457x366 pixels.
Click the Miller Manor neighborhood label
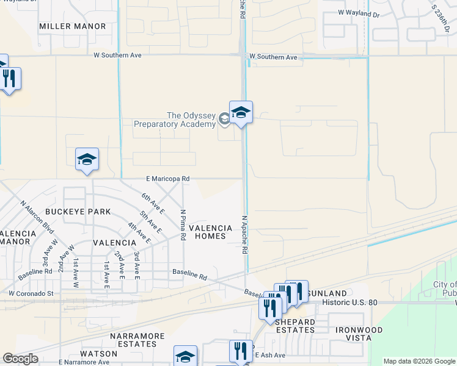pyautogui.click(x=72, y=26)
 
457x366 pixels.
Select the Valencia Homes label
pyautogui.click(x=210, y=232)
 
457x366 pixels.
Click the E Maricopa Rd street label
pyautogui.click(x=167, y=179)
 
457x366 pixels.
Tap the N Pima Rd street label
pyautogui.click(x=183, y=225)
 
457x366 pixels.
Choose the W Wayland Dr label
pyautogui.click(x=359, y=12)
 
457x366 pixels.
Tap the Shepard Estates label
pyautogui.click(x=294, y=326)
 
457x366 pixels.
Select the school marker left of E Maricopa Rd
pyautogui.click(x=87, y=160)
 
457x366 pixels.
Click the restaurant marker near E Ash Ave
pyautogui.click(x=241, y=351)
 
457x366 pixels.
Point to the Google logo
pyautogui.click(x=20, y=359)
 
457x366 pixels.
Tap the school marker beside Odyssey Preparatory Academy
pyautogui.click(x=241, y=113)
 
